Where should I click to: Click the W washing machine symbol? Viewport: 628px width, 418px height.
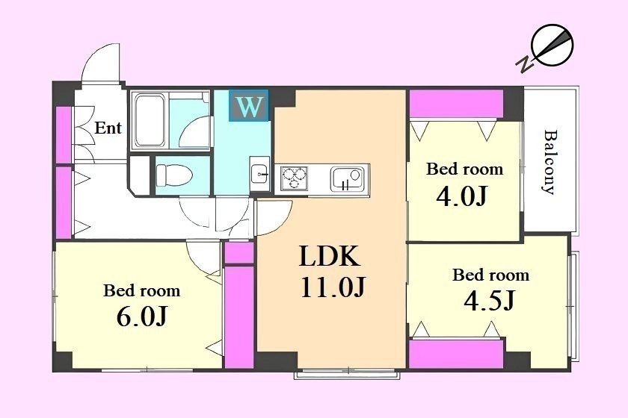[249, 105]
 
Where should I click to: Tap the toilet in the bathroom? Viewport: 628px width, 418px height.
[174, 175]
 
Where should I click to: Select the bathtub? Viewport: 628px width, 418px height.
[150, 120]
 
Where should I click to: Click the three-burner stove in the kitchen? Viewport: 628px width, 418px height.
[295, 178]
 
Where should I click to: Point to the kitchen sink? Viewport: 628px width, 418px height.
[347, 179]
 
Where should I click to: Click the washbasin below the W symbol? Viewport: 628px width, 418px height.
[260, 175]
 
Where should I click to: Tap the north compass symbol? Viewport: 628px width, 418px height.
[547, 49]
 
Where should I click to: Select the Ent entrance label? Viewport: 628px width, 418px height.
[108, 128]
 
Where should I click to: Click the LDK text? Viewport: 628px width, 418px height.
[329, 257]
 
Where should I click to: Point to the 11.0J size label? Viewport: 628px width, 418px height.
[333, 287]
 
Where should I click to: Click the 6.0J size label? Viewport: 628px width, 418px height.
[142, 316]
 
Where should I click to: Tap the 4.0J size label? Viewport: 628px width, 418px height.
[462, 196]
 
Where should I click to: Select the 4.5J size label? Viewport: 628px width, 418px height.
[490, 301]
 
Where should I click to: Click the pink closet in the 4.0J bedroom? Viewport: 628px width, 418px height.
[456, 104]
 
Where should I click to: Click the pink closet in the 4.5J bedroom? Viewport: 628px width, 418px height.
[456, 354]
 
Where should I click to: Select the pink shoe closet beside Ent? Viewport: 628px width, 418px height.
[63, 134]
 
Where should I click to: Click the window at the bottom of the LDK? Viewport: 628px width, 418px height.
[347, 374]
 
